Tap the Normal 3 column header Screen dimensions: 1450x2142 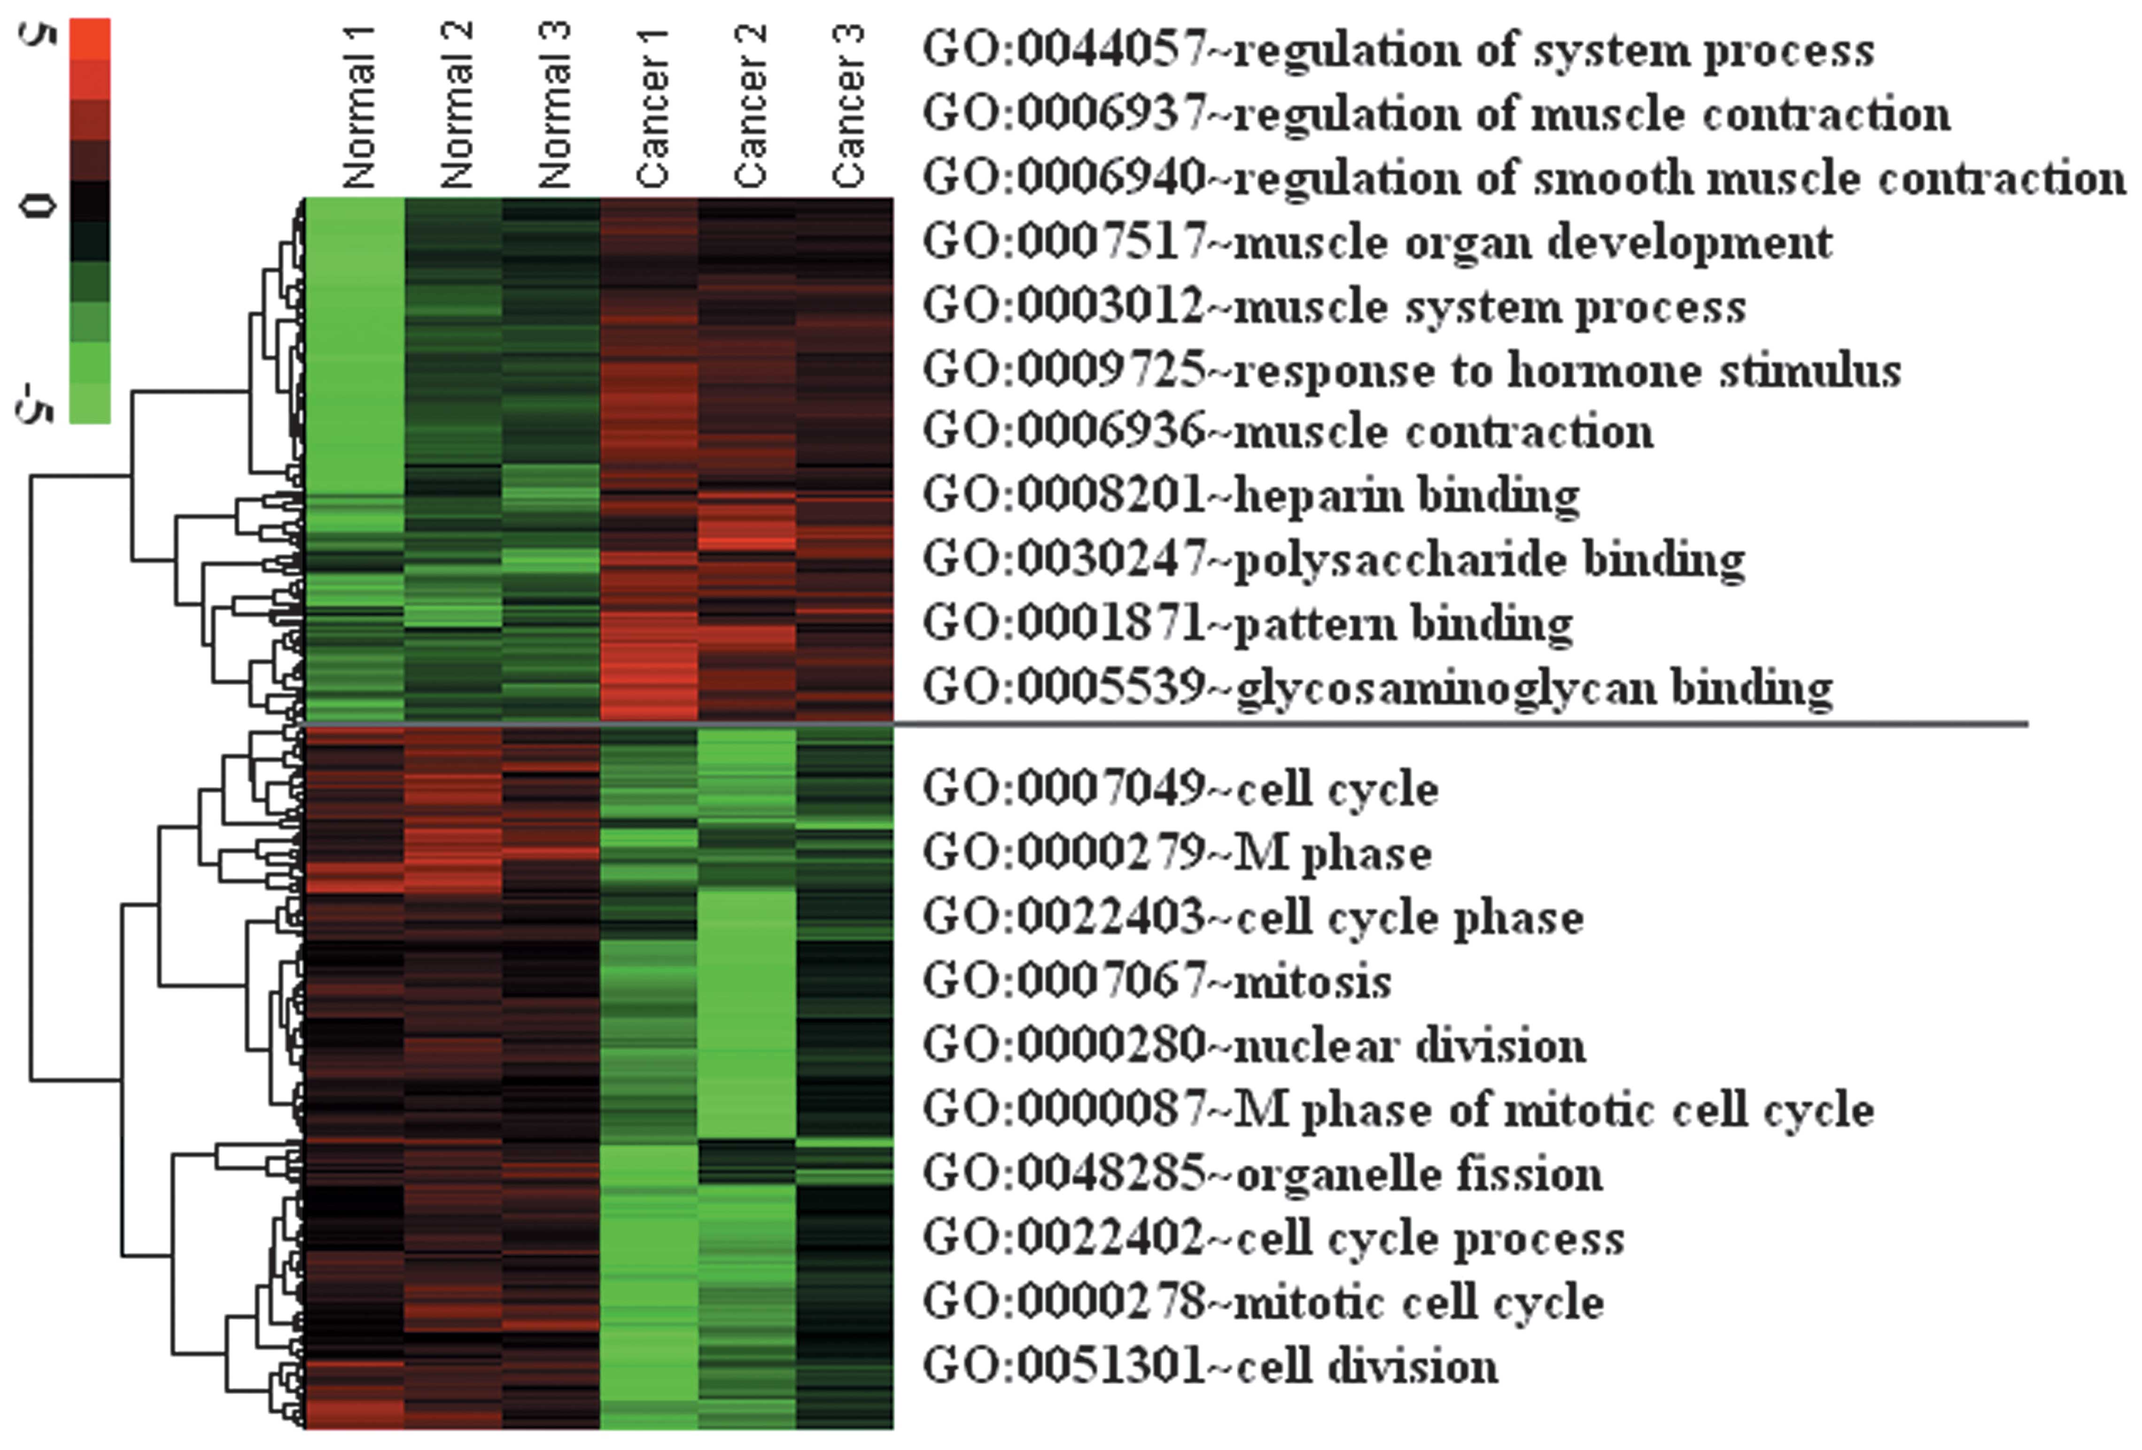tap(554, 106)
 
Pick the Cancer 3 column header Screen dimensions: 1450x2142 tap(848, 106)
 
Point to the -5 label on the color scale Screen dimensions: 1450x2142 tap(36, 405)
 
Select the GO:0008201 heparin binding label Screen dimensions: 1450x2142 tap(1251, 496)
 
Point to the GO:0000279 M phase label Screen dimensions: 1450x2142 tap(1177, 853)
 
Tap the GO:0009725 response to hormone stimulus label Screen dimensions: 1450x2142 tap(1411, 371)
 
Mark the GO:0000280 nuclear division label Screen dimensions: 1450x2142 tap(1254, 1045)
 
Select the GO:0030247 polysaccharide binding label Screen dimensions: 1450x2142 tap(1333, 559)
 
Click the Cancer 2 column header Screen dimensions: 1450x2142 tap(750, 106)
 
